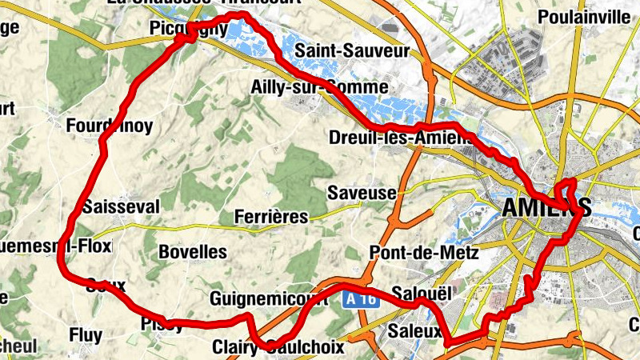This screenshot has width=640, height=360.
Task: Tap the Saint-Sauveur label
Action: pyautogui.click(x=352, y=51)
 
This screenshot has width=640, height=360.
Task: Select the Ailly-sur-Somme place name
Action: pyautogui.click(x=318, y=86)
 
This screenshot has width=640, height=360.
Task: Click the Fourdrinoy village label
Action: pyautogui.click(x=109, y=125)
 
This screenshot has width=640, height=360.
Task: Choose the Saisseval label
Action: pyautogui.click(x=121, y=206)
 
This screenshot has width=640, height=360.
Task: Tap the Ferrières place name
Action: pyautogui.click(x=271, y=217)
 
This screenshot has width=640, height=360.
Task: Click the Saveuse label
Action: pyautogui.click(x=362, y=193)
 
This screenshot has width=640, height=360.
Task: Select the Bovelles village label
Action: pyautogui.click(x=193, y=251)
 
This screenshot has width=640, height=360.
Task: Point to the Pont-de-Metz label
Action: pyautogui.click(x=424, y=253)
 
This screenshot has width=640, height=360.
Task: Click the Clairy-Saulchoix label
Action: pyautogui.click(x=278, y=347)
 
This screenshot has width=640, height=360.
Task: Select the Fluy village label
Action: pyautogui.click(x=86, y=334)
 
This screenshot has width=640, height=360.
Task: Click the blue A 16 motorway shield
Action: pyautogui.click(x=361, y=299)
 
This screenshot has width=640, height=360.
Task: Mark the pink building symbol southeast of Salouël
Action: pyautogui.click(x=502, y=299)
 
